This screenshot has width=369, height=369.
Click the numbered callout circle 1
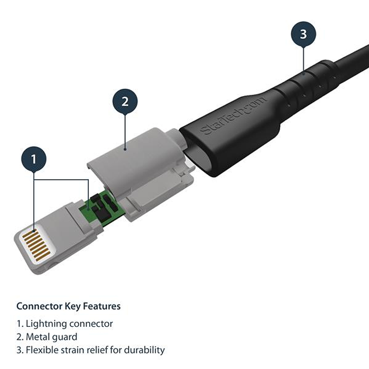34,159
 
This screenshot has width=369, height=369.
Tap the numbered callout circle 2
125,101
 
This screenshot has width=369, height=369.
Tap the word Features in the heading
102,306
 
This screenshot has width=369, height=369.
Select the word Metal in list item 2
37,337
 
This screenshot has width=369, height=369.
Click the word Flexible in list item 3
41,350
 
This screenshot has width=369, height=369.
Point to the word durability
145,350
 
